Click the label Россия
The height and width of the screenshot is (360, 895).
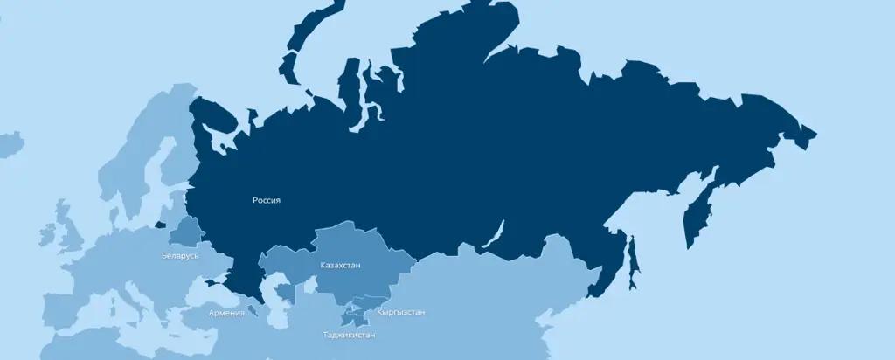(267, 200)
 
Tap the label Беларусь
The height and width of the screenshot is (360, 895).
(180, 256)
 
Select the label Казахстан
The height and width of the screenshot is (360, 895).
(340, 265)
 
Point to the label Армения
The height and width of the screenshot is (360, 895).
(226, 313)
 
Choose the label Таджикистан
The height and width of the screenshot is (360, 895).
(350, 335)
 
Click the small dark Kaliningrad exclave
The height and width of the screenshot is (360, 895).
(161, 225)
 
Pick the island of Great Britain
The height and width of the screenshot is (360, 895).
(66, 223)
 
